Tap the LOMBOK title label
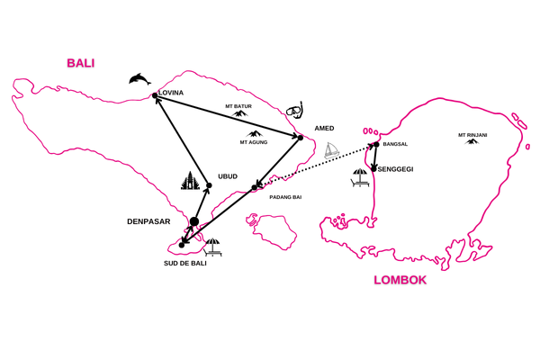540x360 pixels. (x=400, y=281)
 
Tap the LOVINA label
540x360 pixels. (x=171, y=93)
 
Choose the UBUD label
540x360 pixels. (x=229, y=176)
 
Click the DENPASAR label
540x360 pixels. (x=148, y=220)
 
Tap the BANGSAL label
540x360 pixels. (x=396, y=144)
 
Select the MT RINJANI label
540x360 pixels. (x=472, y=135)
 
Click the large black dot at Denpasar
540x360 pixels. (x=194, y=221)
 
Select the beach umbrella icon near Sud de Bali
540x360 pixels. (x=213, y=246)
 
